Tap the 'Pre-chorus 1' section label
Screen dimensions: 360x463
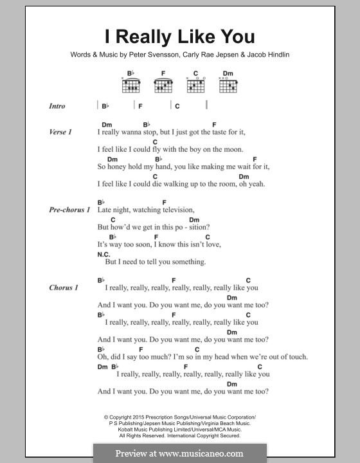click(x=69, y=210)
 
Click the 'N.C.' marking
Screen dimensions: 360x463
click(x=104, y=254)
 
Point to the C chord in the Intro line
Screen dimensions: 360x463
click(x=177, y=106)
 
